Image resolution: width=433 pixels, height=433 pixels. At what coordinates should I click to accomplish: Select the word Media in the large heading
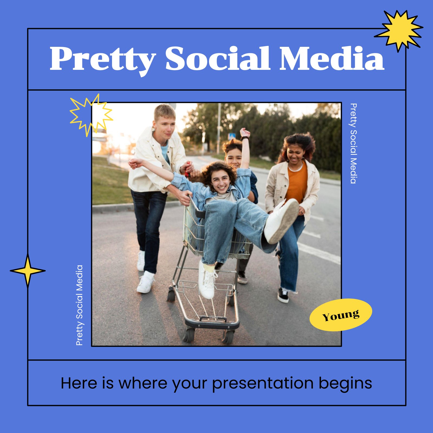[332, 58]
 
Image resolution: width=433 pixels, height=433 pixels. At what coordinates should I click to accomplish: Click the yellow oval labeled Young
[341, 315]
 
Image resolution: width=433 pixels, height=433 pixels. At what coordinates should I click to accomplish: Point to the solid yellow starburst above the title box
[399, 31]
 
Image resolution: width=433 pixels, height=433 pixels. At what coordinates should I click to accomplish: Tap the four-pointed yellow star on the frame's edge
[28, 271]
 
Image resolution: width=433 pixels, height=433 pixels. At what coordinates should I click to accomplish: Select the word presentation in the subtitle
[263, 384]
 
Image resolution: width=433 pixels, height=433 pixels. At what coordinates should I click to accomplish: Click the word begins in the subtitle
[345, 384]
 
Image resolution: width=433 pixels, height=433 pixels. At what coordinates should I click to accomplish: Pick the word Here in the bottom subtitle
[79, 383]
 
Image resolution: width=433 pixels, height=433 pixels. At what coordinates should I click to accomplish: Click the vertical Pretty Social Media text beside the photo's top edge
[353, 143]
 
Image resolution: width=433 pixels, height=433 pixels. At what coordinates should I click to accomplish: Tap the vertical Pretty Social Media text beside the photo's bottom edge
[79, 305]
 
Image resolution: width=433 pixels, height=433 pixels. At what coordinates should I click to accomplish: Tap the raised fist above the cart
[245, 133]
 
